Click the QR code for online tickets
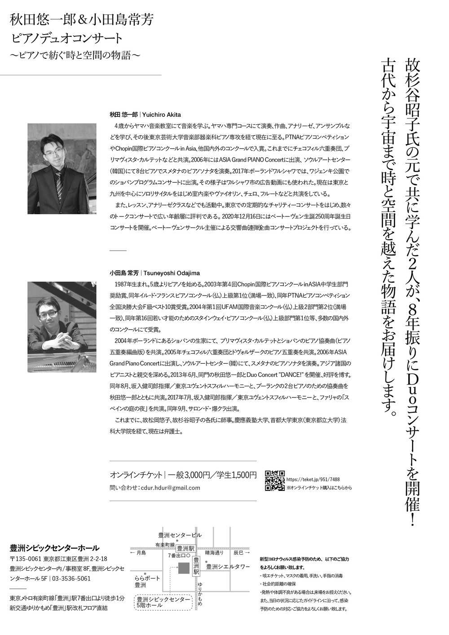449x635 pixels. point(274,480)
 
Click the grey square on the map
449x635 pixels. point(184,568)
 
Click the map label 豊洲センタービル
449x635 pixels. point(180,535)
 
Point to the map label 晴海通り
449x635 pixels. point(214,552)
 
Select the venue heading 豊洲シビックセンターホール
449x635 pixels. point(54,548)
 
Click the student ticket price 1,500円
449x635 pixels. point(244,475)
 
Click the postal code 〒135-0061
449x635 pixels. point(25,559)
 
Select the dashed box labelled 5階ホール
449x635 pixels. point(163,602)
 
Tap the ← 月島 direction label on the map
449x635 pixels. point(138,552)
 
